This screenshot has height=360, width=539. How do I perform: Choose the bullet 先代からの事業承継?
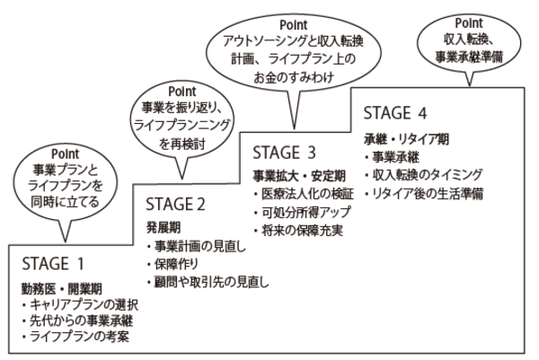click(80, 323)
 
